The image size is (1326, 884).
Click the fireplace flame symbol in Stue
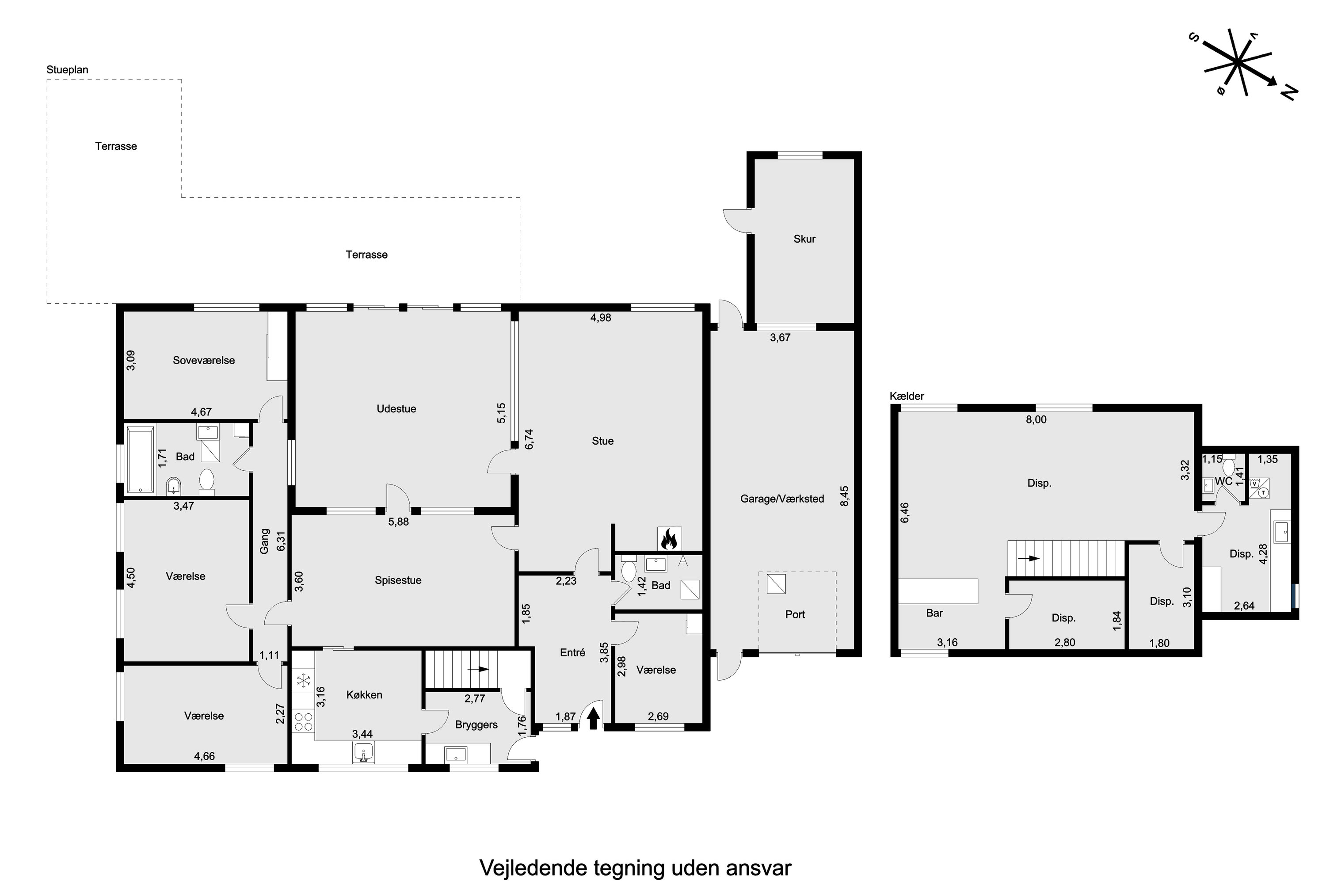(x=669, y=538)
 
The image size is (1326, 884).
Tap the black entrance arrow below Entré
(x=593, y=719)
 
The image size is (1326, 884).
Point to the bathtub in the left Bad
(x=141, y=460)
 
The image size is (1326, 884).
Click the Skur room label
(x=804, y=239)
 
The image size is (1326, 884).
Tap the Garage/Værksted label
(x=782, y=499)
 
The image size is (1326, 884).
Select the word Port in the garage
(x=795, y=614)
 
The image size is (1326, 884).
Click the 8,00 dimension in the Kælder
(x=1036, y=419)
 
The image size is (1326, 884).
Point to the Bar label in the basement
(x=934, y=613)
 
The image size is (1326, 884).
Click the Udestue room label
(x=396, y=409)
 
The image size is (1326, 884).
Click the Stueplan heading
(x=67, y=70)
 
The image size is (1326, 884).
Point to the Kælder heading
(x=907, y=396)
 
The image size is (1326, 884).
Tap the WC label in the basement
(x=1223, y=481)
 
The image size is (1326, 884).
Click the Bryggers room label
(x=476, y=725)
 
